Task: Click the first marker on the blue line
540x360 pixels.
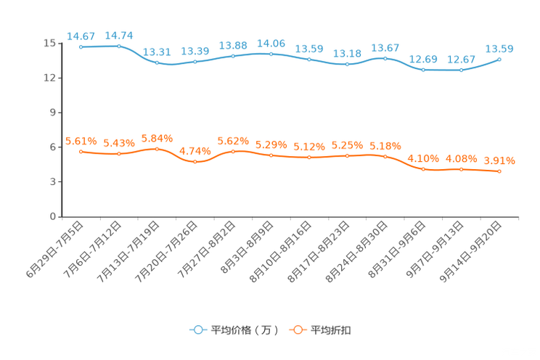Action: (x=81, y=46)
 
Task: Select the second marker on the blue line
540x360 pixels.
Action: (x=119, y=46)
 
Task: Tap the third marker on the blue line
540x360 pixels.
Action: (x=157, y=62)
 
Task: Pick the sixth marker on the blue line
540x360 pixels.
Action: (x=271, y=54)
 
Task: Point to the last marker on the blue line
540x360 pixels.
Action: (x=499, y=59)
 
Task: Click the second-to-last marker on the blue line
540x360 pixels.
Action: (x=461, y=70)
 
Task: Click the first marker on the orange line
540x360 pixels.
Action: (x=81, y=151)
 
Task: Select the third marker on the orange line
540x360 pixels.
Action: (x=157, y=149)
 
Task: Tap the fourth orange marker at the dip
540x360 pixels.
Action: (x=195, y=162)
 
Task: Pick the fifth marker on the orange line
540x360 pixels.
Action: (x=233, y=151)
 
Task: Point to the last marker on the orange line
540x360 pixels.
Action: (x=499, y=171)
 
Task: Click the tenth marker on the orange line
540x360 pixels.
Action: (x=423, y=169)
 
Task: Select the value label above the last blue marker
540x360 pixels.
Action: (x=500, y=49)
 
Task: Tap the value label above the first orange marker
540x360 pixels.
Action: (x=81, y=141)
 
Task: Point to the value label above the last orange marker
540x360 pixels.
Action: (x=500, y=160)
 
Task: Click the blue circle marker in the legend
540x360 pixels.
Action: (x=197, y=330)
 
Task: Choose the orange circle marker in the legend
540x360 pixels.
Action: (x=297, y=330)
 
